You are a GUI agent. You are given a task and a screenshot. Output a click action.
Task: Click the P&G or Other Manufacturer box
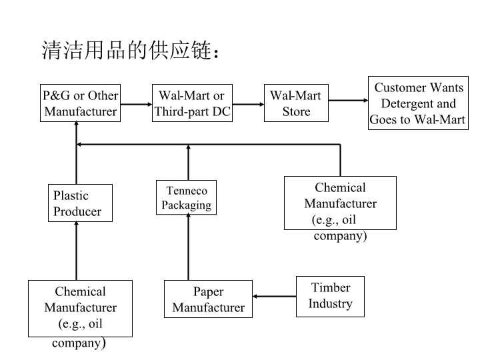click(x=80, y=103)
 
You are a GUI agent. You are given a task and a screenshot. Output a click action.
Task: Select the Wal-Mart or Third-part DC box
click(x=192, y=103)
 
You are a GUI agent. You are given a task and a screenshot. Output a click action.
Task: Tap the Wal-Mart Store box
click(x=296, y=103)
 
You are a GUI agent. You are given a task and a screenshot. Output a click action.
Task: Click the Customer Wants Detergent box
click(x=418, y=103)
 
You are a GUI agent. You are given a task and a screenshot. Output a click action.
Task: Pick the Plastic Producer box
click(x=80, y=203)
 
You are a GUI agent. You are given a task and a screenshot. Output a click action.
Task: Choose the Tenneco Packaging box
click(x=187, y=197)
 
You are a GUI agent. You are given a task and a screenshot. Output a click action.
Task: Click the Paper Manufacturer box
click(x=208, y=299)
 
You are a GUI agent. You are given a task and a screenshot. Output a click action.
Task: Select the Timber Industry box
click(x=330, y=297)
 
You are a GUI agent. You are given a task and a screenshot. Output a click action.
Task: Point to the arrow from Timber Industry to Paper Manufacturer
click(x=274, y=296)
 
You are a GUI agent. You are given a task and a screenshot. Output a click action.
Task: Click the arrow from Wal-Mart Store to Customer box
click(x=349, y=100)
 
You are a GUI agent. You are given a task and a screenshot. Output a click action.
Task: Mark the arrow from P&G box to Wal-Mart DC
click(x=136, y=105)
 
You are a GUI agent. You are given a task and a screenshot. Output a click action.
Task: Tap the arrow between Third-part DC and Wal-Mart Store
click(x=248, y=105)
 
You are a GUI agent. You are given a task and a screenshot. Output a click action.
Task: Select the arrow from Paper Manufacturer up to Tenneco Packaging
click(x=188, y=247)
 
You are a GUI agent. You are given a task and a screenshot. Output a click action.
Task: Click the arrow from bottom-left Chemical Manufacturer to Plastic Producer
click(x=76, y=251)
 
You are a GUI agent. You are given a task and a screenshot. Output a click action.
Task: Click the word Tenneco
click(x=187, y=191)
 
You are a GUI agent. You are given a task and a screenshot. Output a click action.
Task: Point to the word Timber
click(x=331, y=287)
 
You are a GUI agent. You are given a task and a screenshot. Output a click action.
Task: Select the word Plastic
click(x=71, y=195)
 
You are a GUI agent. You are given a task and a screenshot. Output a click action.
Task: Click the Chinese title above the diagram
click(x=131, y=50)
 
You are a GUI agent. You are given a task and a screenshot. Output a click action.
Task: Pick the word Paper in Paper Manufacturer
click(x=208, y=292)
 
